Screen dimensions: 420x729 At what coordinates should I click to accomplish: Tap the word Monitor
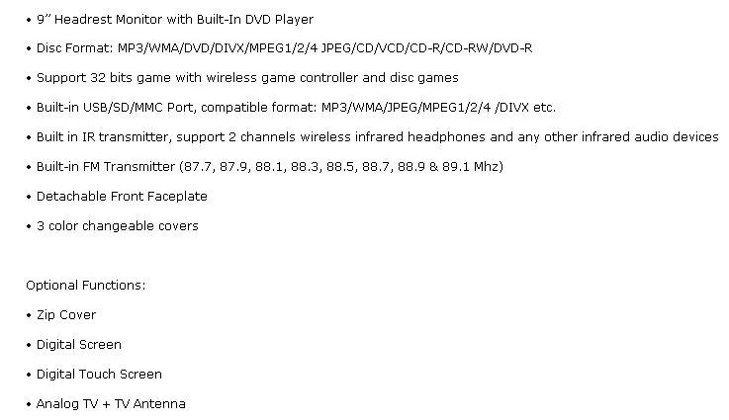(x=146, y=19)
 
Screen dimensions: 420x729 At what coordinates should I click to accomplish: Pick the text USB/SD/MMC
(x=125, y=108)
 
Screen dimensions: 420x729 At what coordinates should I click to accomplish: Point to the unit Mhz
(x=487, y=167)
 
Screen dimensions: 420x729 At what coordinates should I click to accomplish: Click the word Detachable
(x=70, y=197)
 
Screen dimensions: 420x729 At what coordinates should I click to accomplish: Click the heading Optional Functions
(x=86, y=286)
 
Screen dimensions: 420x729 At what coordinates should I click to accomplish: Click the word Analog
(x=58, y=404)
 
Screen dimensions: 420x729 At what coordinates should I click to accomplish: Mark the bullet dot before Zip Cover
(x=29, y=315)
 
